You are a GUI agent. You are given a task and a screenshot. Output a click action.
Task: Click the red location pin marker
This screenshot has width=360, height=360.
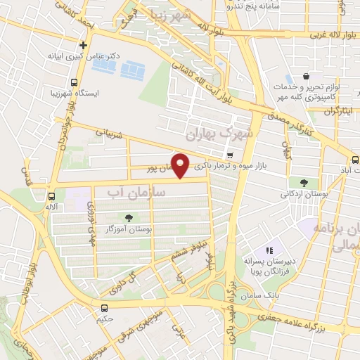(181, 165)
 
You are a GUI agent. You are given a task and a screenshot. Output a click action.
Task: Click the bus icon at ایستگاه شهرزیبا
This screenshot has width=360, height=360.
(53, 93)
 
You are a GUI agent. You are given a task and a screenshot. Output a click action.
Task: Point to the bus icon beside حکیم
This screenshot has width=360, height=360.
(104, 307)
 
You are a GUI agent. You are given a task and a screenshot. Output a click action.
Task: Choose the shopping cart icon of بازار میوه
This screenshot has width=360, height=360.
(230, 154)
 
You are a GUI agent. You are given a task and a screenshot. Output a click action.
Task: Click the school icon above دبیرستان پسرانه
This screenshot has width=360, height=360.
(268, 250)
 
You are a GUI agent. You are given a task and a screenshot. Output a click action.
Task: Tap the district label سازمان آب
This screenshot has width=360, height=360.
(137, 191)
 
